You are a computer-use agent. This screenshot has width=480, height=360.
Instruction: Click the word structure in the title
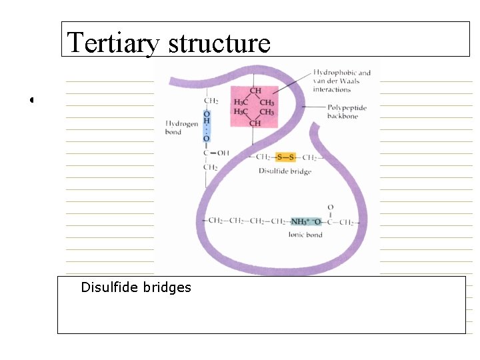[219, 42]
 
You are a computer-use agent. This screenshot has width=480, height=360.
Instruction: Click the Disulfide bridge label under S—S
[285, 171]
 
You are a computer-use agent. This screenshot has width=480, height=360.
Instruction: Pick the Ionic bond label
[305, 235]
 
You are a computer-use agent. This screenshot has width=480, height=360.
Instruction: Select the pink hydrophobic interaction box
[254, 107]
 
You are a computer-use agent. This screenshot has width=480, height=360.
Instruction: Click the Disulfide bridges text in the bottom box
[135, 287]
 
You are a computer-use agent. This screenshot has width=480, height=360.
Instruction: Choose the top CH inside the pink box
[255, 91]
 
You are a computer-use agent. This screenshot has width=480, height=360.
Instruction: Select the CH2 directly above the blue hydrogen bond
[211, 101]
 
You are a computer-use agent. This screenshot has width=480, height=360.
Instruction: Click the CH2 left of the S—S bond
[264, 157]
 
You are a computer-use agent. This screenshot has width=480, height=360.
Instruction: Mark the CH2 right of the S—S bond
[309, 157]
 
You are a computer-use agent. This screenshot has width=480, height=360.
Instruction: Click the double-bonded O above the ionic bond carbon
[330, 208]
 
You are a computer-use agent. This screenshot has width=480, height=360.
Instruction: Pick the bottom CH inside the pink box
[255, 123]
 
